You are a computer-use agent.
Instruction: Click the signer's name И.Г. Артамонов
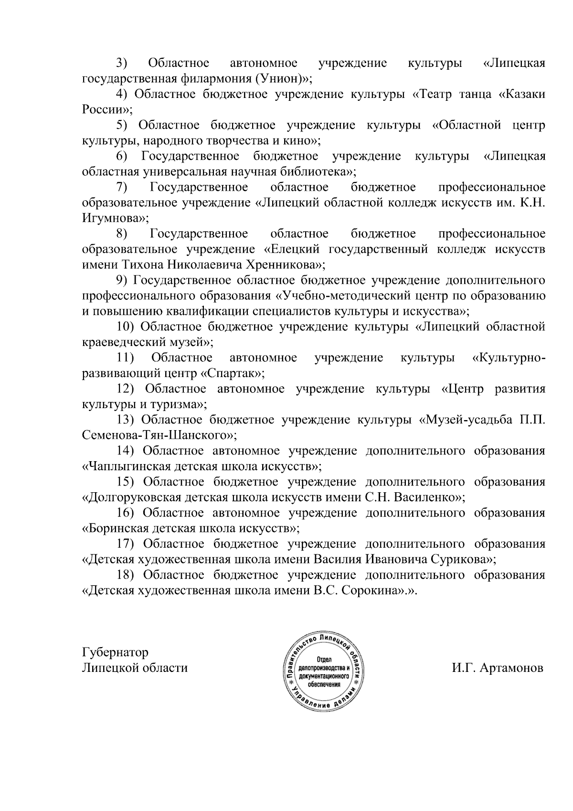tap(498, 668)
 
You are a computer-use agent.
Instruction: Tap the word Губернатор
tap(115, 652)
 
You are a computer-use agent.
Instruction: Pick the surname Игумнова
tap(113, 218)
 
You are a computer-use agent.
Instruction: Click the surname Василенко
tap(426, 497)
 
